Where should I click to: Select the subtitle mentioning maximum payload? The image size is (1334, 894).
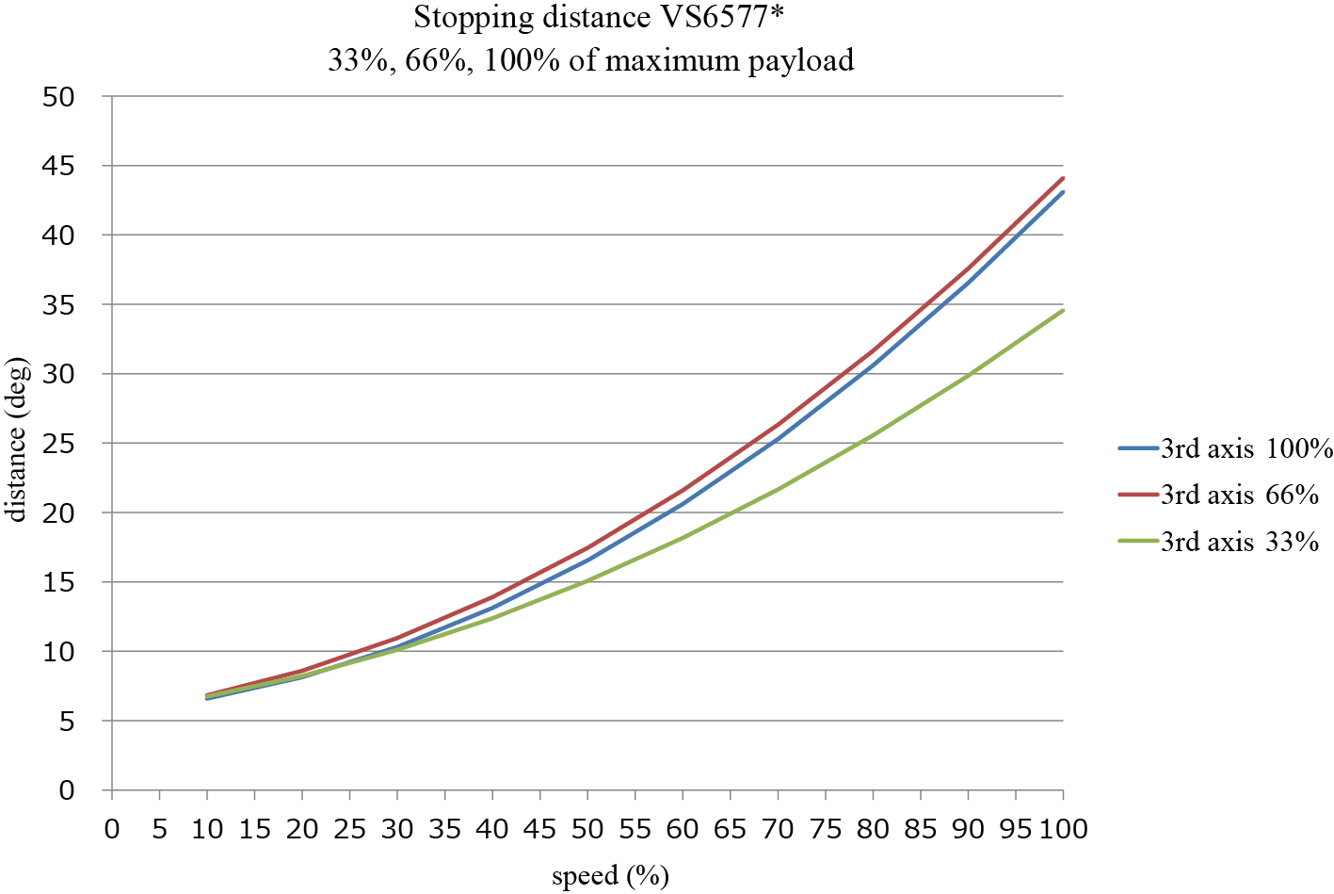tap(590, 60)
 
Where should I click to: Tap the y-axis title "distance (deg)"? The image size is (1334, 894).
tap(18, 439)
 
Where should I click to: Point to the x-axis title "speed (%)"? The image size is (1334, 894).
tap(610, 875)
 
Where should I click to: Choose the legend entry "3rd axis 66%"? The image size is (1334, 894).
tap(1239, 495)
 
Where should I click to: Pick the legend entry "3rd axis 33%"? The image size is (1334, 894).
tap(1239, 542)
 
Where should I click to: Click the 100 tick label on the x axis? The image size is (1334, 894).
tap(1064, 829)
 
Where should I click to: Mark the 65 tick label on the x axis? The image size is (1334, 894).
tap(731, 829)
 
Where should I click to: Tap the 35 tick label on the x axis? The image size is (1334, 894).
tap(445, 829)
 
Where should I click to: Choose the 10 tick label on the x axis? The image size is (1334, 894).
tap(207, 829)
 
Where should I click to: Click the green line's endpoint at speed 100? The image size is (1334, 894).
tap(1063, 310)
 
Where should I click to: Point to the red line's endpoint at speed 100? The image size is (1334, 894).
tap(1063, 178)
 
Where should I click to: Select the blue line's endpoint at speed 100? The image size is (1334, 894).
tap(1063, 192)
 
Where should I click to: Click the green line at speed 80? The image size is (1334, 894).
tap(873, 435)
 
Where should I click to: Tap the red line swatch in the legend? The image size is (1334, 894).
tap(1137, 495)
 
